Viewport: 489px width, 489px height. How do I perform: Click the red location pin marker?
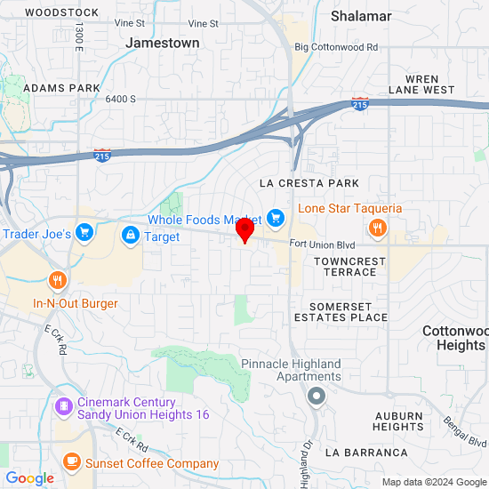tap(244, 228)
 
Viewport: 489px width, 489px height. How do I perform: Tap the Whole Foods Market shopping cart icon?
tap(275, 218)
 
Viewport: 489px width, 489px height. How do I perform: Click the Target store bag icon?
tap(130, 236)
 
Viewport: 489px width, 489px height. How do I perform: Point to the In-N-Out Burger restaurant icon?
tap(59, 281)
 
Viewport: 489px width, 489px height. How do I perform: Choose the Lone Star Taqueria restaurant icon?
tap(378, 228)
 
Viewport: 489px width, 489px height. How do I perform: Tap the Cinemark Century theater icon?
tap(63, 407)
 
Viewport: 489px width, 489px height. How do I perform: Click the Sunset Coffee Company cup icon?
tap(71, 462)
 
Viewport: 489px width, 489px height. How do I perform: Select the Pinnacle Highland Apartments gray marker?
tap(313, 397)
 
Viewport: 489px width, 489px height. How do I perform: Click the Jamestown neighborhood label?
tap(163, 42)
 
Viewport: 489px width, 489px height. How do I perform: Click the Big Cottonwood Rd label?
tap(336, 47)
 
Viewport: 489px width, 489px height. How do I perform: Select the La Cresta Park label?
tap(309, 183)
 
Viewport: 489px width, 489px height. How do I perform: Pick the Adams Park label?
tap(62, 89)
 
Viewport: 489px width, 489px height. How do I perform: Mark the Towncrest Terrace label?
tap(350, 267)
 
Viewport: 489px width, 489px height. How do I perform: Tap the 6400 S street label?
tap(120, 99)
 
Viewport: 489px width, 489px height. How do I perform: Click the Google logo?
tap(29, 478)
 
